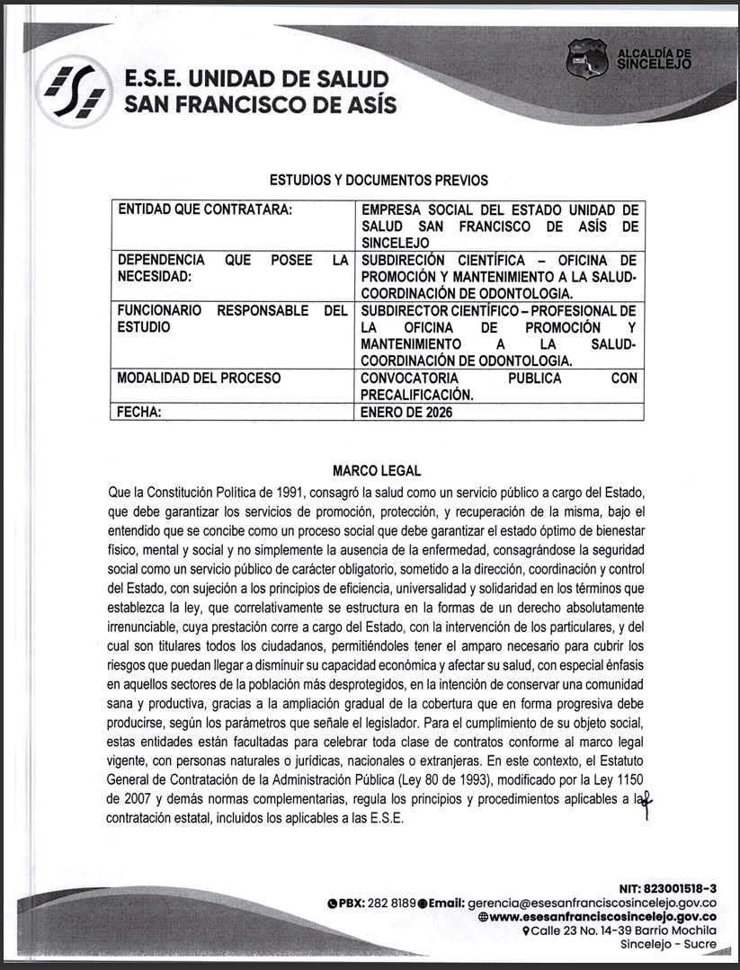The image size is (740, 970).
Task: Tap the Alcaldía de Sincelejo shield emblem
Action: tap(587, 58)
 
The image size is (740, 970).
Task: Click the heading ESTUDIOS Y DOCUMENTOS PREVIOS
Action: tap(379, 181)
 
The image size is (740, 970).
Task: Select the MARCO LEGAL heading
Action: tap(377, 471)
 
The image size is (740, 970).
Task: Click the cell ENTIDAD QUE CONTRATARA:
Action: tap(206, 209)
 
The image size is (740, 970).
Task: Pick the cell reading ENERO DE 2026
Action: tap(406, 414)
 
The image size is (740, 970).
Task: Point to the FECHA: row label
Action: tap(140, 414)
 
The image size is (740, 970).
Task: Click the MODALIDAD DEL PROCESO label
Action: tap(199, 378)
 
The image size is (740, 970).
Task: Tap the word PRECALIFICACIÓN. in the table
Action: tap(416, 395)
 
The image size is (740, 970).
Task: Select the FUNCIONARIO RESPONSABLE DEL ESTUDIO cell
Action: tap(232, 319)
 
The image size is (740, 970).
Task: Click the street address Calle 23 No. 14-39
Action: tap(594, 930)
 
